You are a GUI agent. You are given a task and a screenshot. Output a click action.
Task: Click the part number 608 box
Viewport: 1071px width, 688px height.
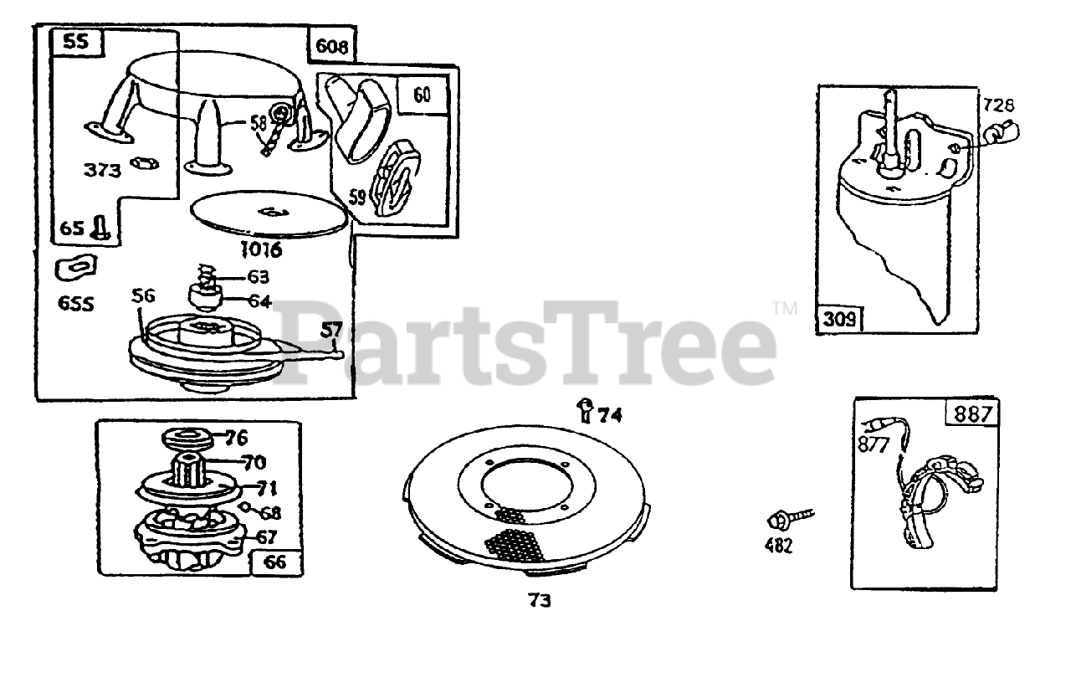coord(332,46)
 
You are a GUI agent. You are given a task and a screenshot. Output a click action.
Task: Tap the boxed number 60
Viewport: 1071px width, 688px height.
coord(423,95)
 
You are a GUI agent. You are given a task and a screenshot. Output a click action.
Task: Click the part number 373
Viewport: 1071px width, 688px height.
coord(101,170)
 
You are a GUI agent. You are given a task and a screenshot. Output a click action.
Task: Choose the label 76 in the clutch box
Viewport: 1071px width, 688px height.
coord(236,438)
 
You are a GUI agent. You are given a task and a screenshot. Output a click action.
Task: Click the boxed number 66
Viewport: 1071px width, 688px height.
coord(275,562)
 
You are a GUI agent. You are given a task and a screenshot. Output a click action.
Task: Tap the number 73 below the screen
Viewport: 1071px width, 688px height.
coord(540,600)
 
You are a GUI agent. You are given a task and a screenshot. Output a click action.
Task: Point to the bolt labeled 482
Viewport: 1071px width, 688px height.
coord(776,521)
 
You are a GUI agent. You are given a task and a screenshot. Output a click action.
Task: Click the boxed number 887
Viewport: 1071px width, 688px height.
coord(971,414)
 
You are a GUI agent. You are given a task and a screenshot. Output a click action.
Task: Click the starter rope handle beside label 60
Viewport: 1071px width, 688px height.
coord(358,113)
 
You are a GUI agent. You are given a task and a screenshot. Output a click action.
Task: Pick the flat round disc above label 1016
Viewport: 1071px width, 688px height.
coord(269,213)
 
